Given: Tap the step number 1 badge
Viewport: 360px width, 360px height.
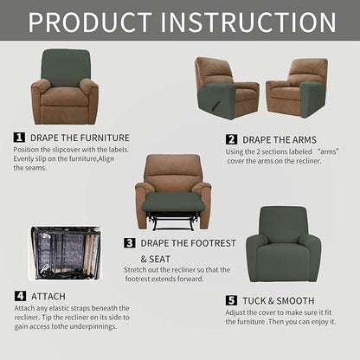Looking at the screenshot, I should click(x=19, y=137).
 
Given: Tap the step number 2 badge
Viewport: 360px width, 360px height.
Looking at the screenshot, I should click(x=231, y=138).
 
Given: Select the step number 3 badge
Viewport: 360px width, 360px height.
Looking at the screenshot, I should click(x=130, y=243).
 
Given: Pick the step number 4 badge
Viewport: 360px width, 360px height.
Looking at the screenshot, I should click(x=19, y=296).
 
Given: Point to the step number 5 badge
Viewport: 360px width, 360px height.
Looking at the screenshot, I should click(x=231, y=300).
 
